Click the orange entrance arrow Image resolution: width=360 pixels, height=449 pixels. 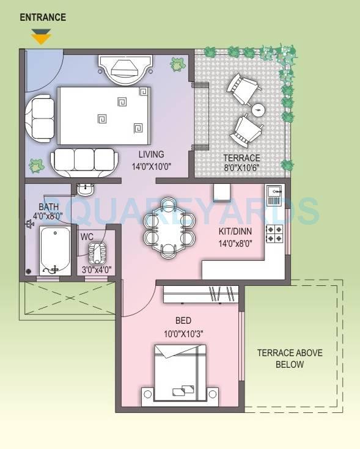click(x=41, y=38)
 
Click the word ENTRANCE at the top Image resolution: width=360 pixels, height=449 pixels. click(x=43, y=17)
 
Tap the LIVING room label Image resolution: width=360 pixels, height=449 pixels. click(x=151, y=154)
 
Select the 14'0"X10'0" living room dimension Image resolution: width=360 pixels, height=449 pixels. click(x=151, y=166)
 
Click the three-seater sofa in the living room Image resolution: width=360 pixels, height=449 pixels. click(x=84, y=160)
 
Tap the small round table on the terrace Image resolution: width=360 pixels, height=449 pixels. click(x=259, y=111)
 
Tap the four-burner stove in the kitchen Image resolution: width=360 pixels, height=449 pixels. click(x=274, y=233)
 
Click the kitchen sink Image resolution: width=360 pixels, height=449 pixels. click(x=273, y=195)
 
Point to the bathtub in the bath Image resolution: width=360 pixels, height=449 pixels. click(x=55, y=250)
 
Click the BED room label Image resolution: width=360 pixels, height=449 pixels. click(x=183, y=321)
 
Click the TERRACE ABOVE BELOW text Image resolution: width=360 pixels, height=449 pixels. click(x=289, y=359)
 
